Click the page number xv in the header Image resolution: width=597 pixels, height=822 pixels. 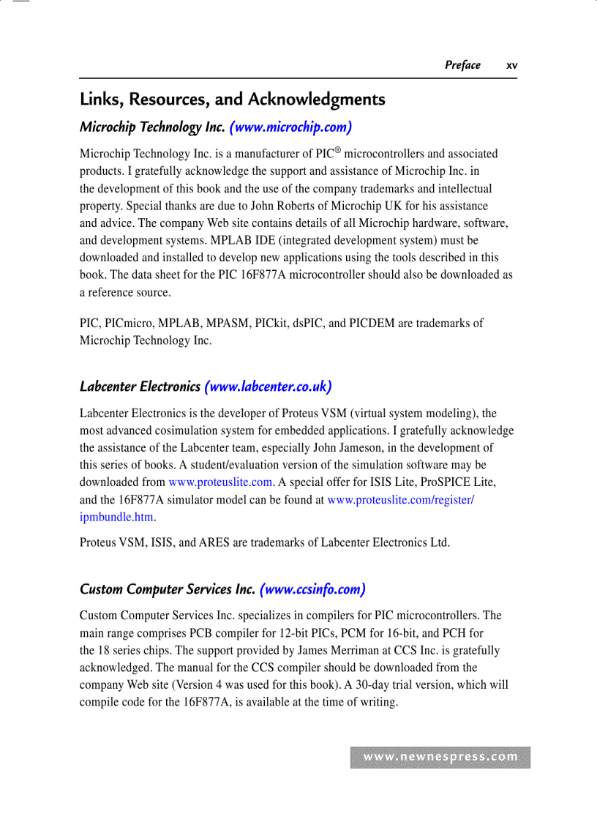[x=511, y=66]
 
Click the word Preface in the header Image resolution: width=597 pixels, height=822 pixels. [x=462, y=65]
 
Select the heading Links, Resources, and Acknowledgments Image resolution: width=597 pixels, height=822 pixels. [x=232, y=100]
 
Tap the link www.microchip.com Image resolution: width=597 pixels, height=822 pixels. [x=290, y=127]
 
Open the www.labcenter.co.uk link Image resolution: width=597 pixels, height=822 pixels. [x=269, y=386]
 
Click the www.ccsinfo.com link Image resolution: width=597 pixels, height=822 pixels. [x=312, y=589]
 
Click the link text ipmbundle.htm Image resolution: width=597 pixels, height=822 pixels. [x=117, y=517]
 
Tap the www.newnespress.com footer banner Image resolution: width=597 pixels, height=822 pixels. [x=440, y=758]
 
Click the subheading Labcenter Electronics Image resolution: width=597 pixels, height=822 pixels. [x=140, y=386]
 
